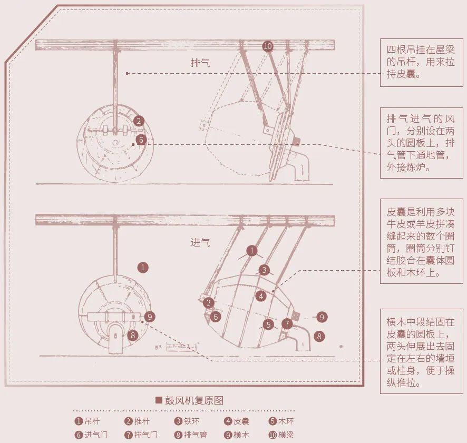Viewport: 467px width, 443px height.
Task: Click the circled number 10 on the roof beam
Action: pyautogui.click(x=268, y=46)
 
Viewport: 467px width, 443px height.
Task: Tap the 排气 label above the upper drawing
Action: pyautogui.click(x=200, y=63)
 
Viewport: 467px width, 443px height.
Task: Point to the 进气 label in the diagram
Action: pyautogui.click(x=200, y=243)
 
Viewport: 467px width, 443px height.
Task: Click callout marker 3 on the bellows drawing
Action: pyautogui.click(x=264, y=270)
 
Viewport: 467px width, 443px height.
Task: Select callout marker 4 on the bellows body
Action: pyautogui.click(x=260, y=296)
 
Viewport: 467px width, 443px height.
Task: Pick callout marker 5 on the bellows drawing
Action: pyautogui.click(x=268, y=324)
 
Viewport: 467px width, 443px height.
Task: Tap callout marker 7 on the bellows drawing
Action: pyautogui.click(x=287, y=323)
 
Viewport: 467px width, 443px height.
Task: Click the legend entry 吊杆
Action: pyautogui.click(x=87, y=421)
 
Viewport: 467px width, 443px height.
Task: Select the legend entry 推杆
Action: pyautogui.click(x=138, y=421)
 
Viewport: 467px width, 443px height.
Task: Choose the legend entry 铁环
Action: pyautogui.click(x=187, y=421)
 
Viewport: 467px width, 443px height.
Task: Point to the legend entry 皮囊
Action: pyautogui.click(x=237, y=421)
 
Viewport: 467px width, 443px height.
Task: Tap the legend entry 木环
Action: pyautogui.click(x=281, y=421)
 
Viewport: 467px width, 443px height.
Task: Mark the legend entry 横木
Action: pyautogui.click(x=237, y=435)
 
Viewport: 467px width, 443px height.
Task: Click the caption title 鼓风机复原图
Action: pyautogui.click(x=190, y=400)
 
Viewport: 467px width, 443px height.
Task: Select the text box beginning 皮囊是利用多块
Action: pyautogui.click(x=421, y=242)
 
